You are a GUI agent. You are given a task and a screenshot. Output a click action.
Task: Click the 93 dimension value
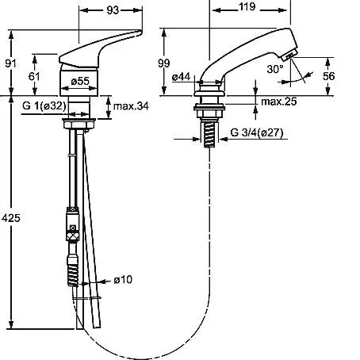(113, 10)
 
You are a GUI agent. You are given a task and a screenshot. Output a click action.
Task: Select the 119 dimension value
(247, 7)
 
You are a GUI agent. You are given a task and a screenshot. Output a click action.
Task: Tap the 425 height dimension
(11, 218)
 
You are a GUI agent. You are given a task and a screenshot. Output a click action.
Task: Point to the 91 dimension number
(11, 63)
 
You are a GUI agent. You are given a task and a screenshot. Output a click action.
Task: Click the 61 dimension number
(34, 76)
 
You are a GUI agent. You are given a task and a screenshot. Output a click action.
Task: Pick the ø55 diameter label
(80, 81)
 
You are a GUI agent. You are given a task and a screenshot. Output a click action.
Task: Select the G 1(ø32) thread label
(44, 105)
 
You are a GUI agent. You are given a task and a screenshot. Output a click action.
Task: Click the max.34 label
(131, 106)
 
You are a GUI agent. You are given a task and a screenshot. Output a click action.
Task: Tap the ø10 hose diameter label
(123, 279)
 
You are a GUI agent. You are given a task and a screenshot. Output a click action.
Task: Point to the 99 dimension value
(164, 63)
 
